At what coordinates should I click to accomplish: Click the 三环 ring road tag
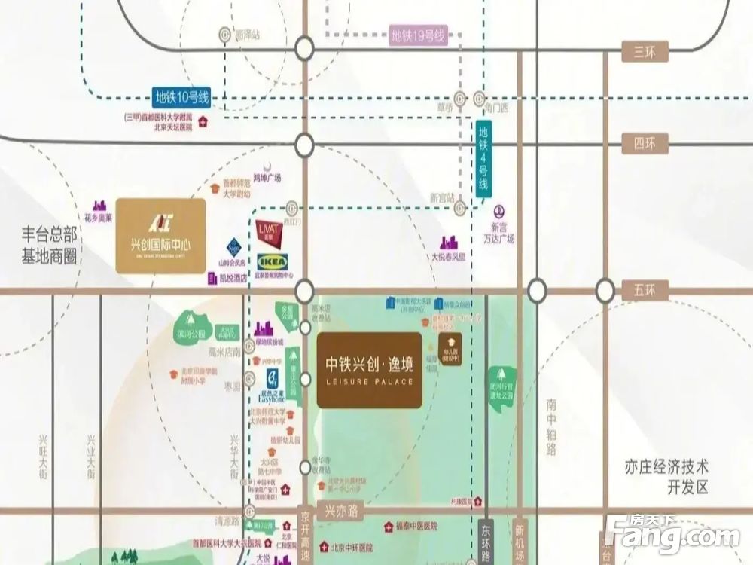[x=645, y=50]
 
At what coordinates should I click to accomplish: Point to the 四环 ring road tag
[x=645, y=143]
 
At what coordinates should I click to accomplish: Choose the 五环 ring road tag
[x=645, y=290]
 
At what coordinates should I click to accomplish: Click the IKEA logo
[x=271, y=261]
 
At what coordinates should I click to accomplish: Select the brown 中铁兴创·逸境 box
[x=369, y=370]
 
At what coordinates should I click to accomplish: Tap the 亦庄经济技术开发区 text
[x=668, y=476]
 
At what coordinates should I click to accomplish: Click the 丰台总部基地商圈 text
[x=50, y=246]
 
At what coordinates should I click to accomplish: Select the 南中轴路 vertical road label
[x=551, y=426]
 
